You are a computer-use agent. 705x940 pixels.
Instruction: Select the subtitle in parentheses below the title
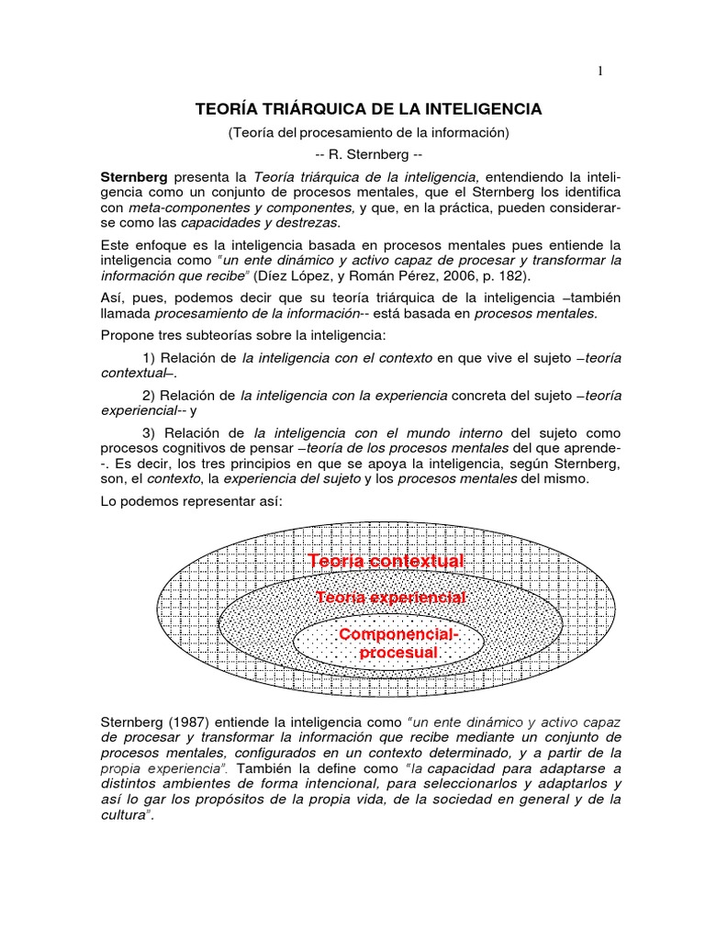pos(368,132)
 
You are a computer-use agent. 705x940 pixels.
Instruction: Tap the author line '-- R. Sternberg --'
pos(368,153)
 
